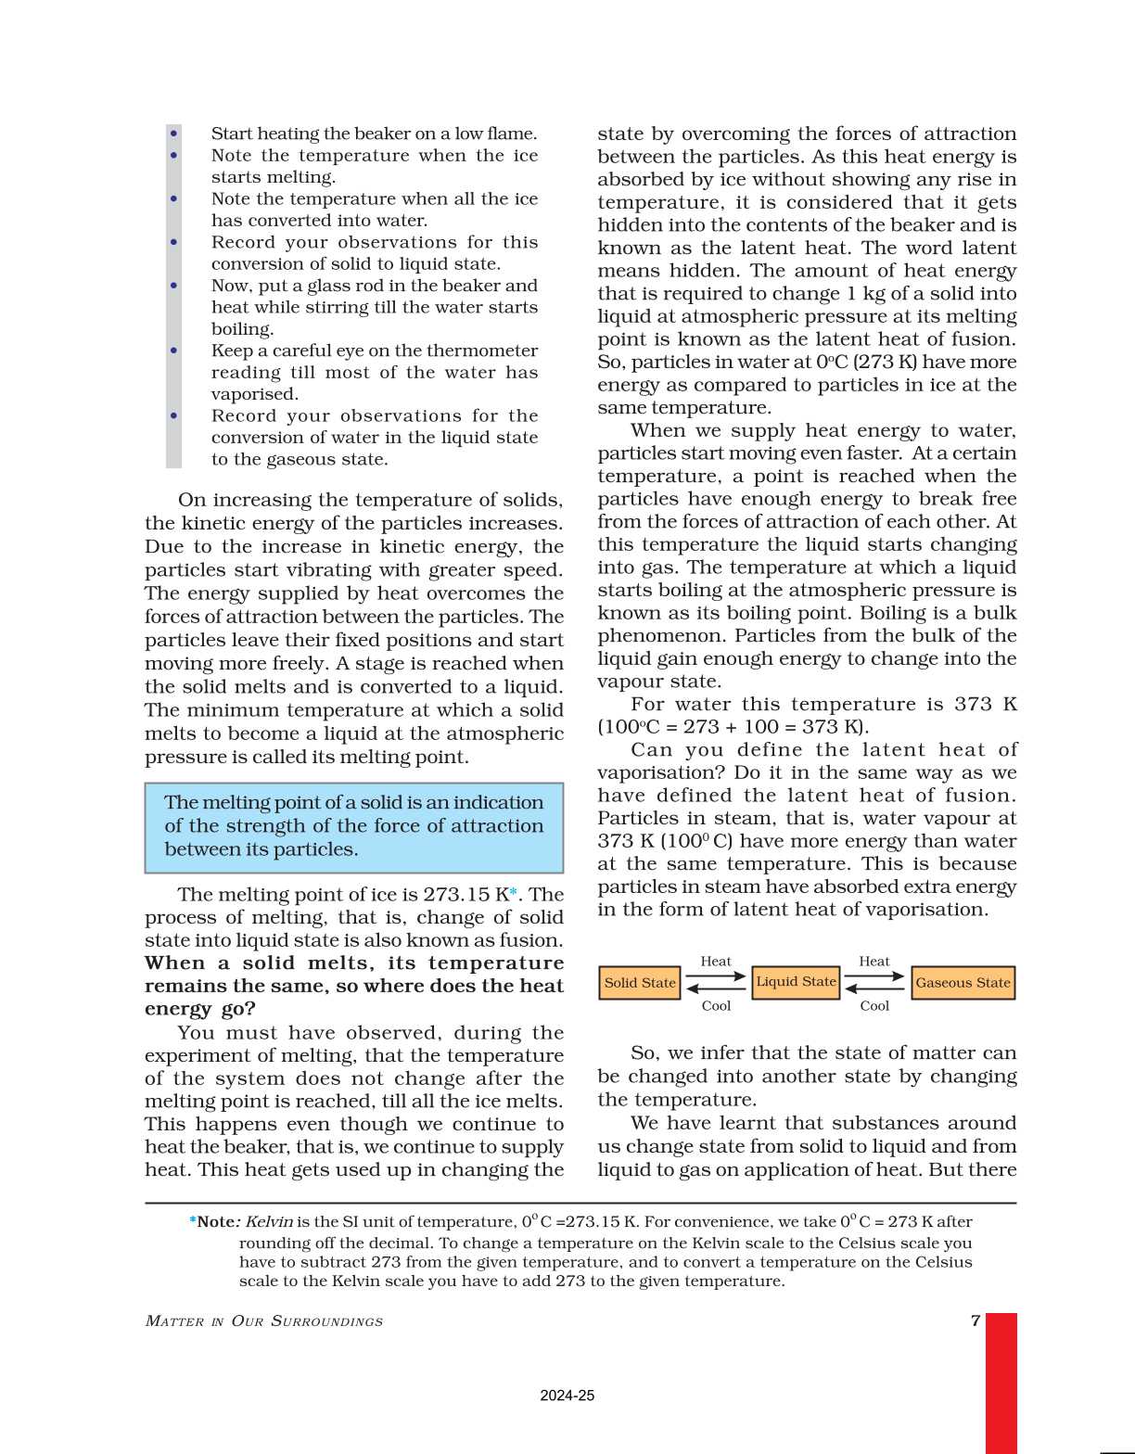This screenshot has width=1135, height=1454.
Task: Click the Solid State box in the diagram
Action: click(x=640, y=983)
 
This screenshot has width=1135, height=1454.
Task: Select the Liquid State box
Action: click(x=796, y=982)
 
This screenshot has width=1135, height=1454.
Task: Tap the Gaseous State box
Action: click(x=963, y=983)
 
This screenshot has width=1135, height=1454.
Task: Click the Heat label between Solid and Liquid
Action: click(x=716, y=962)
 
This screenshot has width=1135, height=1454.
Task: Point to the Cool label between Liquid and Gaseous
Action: click(x=874, y=1006)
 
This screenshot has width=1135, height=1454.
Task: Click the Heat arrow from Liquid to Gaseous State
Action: click(x=874, y=976)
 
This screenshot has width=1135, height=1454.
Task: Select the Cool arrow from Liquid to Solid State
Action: click(x=716, y=989)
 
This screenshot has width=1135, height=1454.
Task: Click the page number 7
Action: click(x=976, y=1320)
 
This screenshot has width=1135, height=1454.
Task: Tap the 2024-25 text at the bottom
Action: click(x=567, y=1396)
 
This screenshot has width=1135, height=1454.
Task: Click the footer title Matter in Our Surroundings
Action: click(x=264, y=1321)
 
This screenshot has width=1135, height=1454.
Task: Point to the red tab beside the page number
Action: click(x=1001, y=1382)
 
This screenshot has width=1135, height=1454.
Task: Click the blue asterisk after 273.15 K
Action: click(x=514, y=893)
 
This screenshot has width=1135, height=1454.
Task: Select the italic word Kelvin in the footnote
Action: click(x=269, y=1222)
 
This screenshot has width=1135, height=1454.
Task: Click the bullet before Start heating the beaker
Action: click(x=174, y=134)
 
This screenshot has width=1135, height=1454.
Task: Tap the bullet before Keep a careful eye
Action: click(x=174, y=351)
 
